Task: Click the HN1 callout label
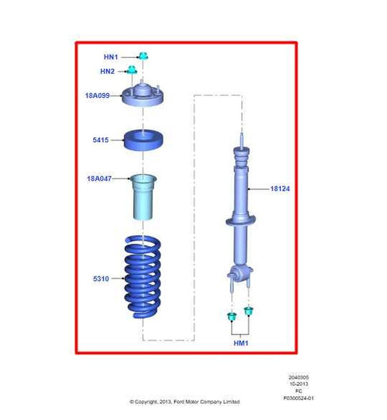point(111,56)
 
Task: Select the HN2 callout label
point(107,71)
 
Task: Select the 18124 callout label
point(280,189)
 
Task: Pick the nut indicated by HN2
point(132,70)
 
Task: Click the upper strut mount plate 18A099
point(142,96)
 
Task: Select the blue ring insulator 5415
point(142,140)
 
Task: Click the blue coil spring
point(142,279)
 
